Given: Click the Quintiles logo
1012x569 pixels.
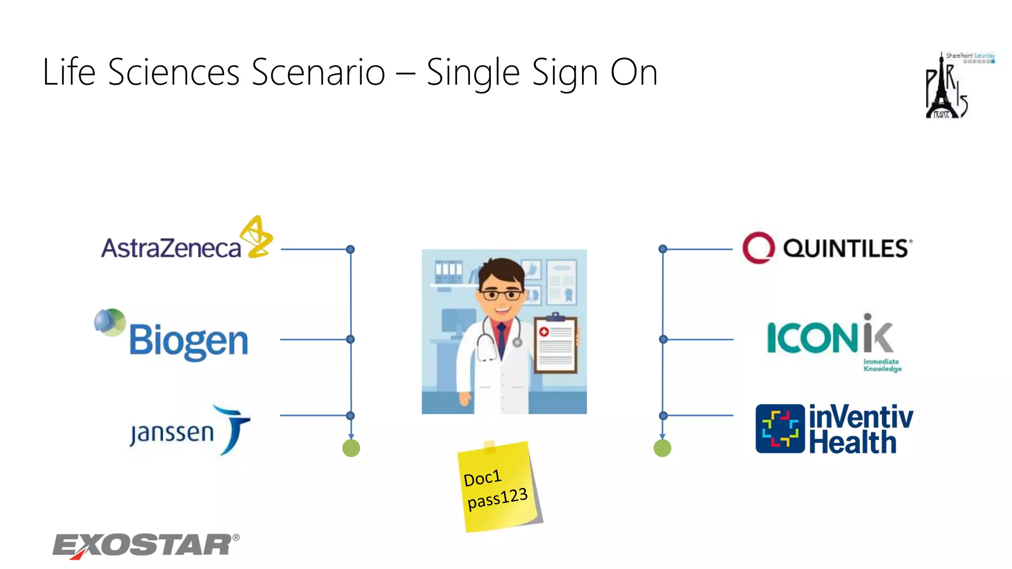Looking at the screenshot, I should [827, 248].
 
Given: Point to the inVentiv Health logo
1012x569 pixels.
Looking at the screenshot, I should [834, 429].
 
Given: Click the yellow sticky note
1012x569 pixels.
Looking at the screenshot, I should [499, 487].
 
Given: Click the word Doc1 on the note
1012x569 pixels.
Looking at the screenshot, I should [482, 478].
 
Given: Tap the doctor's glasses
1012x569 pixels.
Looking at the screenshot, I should [501, 295].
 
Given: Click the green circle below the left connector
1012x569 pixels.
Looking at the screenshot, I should [351, 448].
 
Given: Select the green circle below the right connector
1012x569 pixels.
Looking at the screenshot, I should [662, 448].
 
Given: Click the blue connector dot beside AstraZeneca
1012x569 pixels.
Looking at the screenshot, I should [350, 249].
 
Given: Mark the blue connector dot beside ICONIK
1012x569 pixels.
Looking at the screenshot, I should [663, 339].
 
